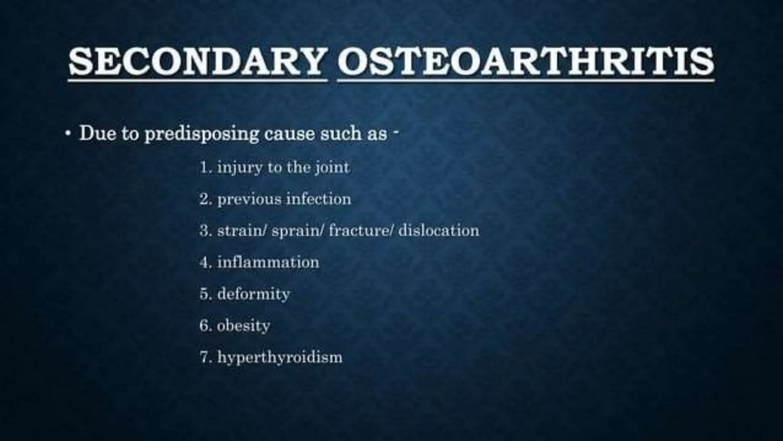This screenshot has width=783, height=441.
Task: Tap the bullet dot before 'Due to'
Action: coord(68,134)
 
